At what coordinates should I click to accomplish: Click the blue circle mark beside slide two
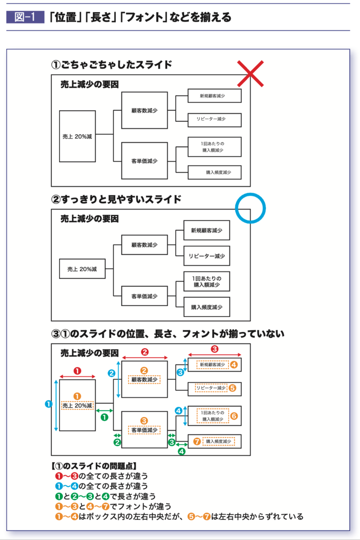250,208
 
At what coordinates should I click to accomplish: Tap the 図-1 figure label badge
24,18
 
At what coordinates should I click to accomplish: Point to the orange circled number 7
196,441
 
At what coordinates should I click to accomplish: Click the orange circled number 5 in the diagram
232,387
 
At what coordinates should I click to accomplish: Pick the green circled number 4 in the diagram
181,451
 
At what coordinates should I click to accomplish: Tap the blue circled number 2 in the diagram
111,373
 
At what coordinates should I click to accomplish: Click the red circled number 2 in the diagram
144,352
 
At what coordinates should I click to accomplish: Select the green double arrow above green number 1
105,411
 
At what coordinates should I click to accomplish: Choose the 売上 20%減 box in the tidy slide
79,270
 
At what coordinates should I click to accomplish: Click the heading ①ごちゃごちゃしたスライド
111,65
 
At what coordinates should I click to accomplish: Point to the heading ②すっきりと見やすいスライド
116,199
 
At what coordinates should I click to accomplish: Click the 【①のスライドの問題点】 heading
94,465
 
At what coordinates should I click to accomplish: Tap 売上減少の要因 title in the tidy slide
89,219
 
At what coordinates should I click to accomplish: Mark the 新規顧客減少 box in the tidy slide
206,231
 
